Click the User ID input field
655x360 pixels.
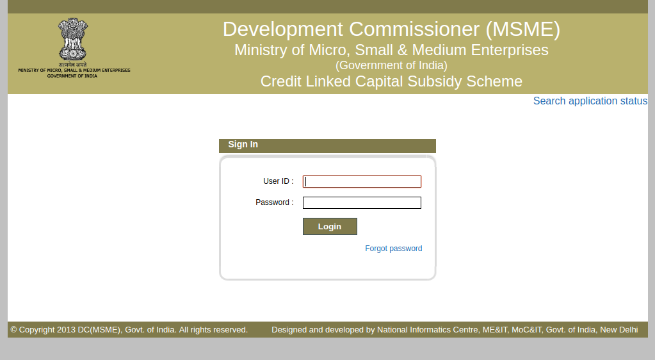point(362,181)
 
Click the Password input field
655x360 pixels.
point(362,202)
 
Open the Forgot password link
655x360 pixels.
point(393,249)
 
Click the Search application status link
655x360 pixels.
point(590,101)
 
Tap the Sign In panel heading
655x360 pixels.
point(243,145)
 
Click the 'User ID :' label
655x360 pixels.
point(278,181)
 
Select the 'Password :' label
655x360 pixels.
point(274,202)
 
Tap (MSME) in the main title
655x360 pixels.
point(523,29)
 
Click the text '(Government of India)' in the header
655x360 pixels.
point(391,65)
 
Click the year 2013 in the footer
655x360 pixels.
point(66,330)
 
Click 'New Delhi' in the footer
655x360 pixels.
point(619,330)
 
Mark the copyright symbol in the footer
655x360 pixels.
point(13,330)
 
